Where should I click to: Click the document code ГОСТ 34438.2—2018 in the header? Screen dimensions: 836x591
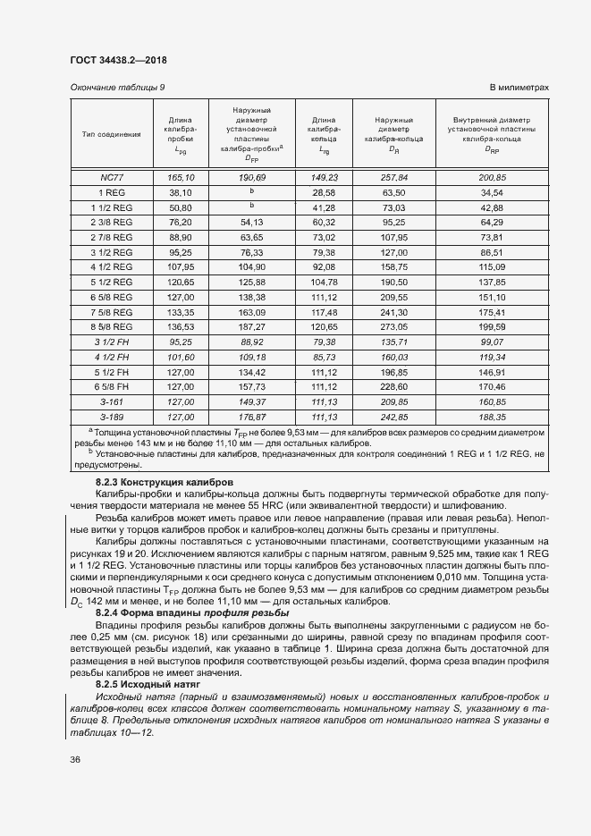pyautogui.click(x=117, y=60)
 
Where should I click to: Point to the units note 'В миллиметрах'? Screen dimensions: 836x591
pyautogui.click(x=519, y=87)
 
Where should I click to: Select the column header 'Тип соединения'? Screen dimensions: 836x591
pyautogui.click(x=111, y=134)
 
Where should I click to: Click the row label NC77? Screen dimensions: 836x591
pyautogui.click(x=111, y=178)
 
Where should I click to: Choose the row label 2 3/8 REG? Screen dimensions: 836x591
pyautogui.click(x=111, y=222)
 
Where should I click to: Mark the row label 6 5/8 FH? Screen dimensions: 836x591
pyautogui.click(x=111, y=387)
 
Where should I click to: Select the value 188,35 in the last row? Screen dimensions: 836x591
pyautogui.click(x=493, y=417)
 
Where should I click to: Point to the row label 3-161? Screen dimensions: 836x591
pyautogui.click(x=111, y=402)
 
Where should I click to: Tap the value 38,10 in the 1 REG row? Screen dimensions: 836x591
pyautogui.click(x=181, y=192)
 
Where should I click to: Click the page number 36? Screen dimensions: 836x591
pyautogui.click(x=75, y=760)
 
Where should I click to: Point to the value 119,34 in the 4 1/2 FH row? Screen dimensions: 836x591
pyautogui.click(x=493, y=358)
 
